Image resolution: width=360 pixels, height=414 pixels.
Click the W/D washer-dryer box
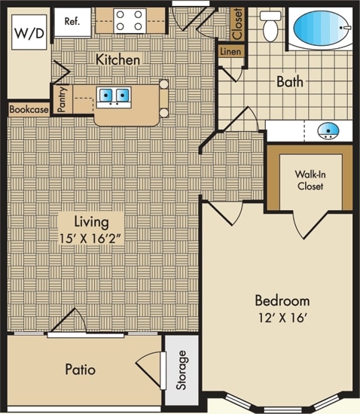coord(29,32)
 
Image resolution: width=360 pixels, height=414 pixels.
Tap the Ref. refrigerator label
coord(72,21)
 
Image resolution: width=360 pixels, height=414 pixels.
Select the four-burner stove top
coord(130,20)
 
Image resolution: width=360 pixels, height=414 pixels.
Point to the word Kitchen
coord(117,59)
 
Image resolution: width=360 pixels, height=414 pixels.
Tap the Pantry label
coord(62,100)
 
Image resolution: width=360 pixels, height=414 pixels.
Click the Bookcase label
coord(29,109)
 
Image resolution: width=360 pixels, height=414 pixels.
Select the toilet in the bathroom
coord(270,26)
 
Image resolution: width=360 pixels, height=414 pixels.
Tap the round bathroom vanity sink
coord(328,130)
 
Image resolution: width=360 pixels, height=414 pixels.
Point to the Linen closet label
coord(230,51)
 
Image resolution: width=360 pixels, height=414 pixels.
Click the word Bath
coord(290,81)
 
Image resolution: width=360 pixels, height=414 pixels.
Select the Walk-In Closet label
coord(310,181)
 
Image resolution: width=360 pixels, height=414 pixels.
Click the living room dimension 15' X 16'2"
coord(90,239)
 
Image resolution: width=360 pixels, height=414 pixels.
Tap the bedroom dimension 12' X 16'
coord(282,318)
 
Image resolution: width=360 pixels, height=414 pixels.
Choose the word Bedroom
coord(282,301)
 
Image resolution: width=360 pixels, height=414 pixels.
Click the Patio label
coord(81,369)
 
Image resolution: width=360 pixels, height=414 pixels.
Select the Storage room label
coord(182,370)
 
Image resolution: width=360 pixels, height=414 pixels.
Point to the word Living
coord(91,222)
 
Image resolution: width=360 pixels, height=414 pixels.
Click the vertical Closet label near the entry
coord(237,24)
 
